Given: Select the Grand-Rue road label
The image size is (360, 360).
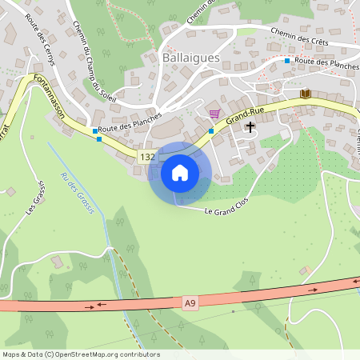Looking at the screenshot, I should (x=245, y=117).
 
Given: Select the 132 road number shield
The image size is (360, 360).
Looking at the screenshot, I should (x=146, y=157).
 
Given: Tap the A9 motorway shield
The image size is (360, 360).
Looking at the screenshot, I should (x=190, y=302).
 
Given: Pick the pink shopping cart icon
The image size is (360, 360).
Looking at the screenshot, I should (x=214, y=114).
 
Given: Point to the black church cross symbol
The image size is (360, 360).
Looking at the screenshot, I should (x=250, y=126).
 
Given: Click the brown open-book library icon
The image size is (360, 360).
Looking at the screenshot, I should (x=305, y=94).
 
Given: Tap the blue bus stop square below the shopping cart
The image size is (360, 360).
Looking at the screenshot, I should (x=211, y=131).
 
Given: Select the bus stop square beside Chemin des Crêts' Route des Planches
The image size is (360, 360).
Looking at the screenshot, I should (x=287, y=61).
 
